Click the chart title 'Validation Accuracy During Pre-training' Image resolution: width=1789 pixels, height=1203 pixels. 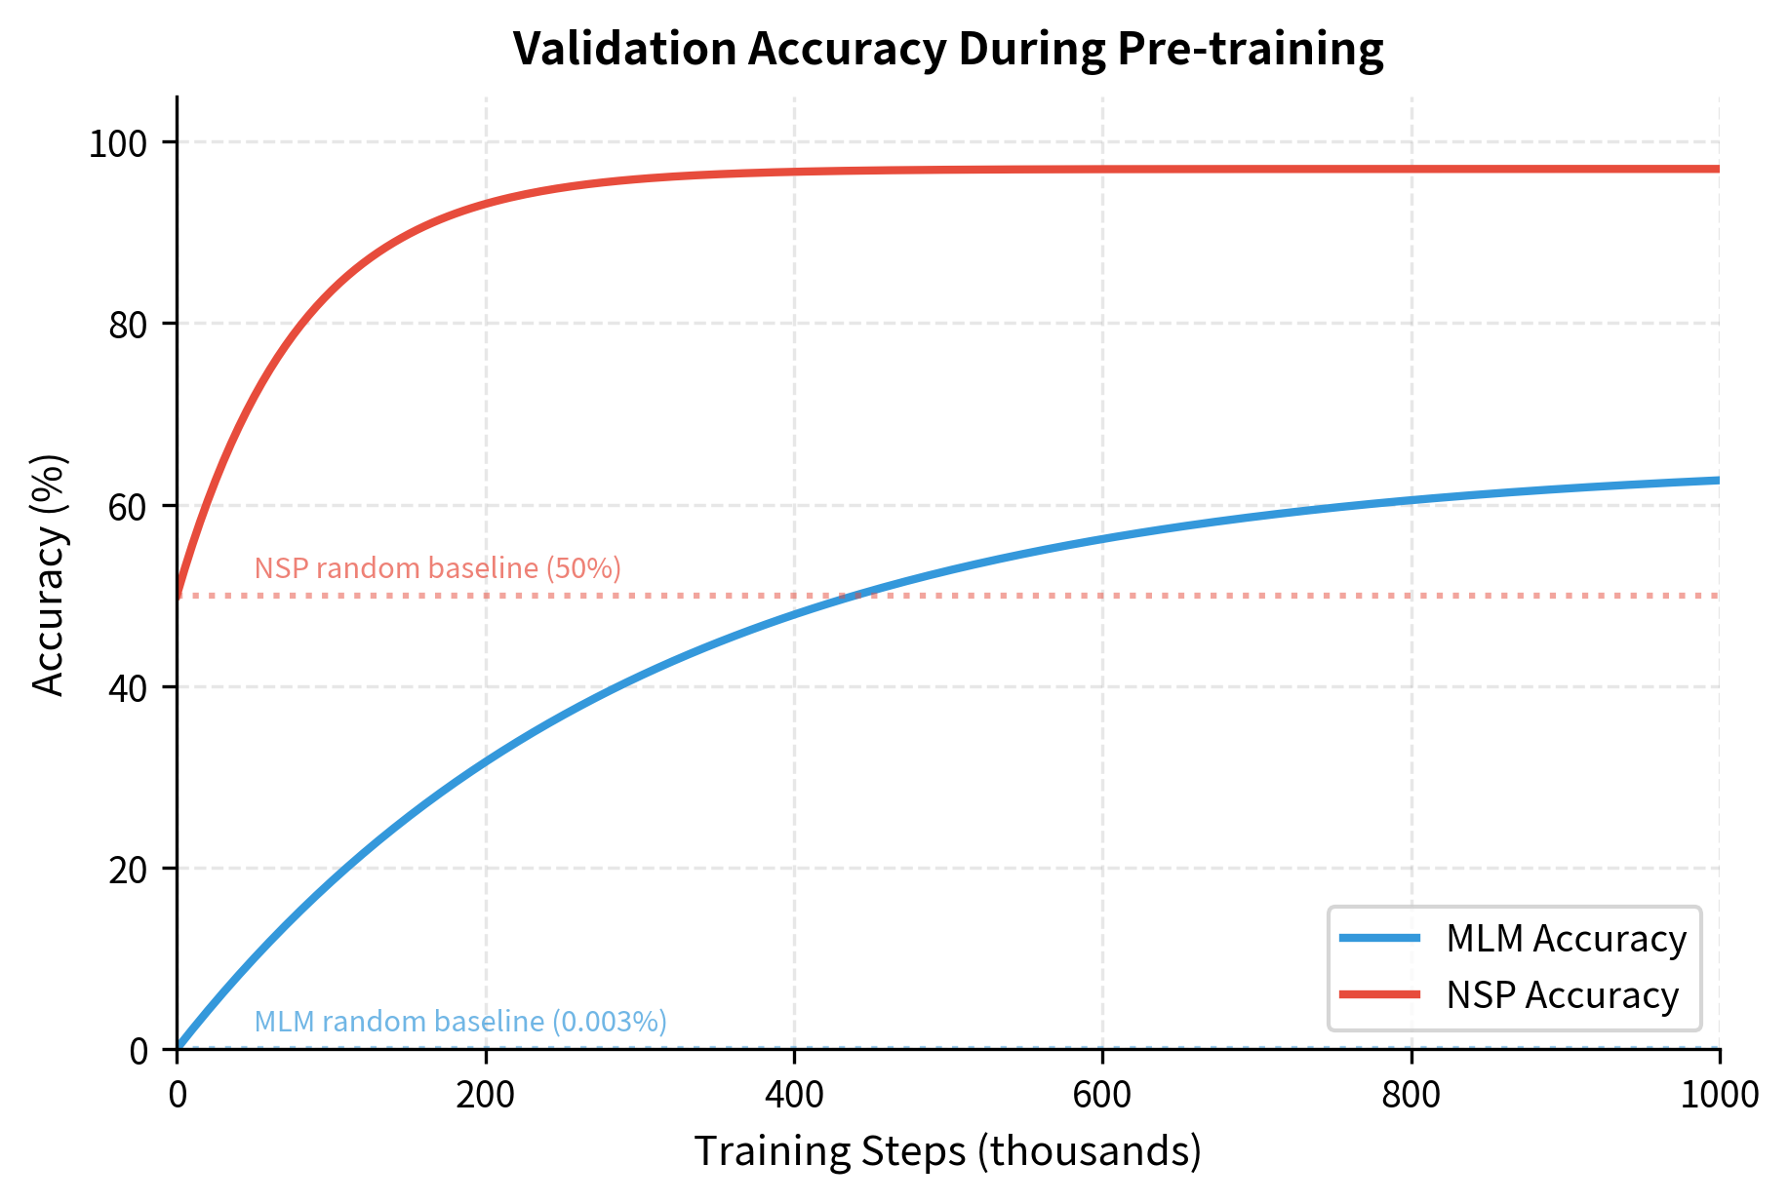pos(947,49)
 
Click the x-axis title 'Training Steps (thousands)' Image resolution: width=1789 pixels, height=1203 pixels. pos(947,1151)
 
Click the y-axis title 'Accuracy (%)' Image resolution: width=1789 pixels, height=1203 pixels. pos(48,574)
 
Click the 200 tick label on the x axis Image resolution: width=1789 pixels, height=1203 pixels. pos(486,1095)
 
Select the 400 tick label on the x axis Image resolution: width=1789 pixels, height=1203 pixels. pos(794,1095)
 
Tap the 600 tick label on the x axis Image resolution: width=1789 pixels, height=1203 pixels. pos(1102,1095)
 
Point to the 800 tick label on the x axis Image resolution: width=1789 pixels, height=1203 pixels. pos(1411,1095)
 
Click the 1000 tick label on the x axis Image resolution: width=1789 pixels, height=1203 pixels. pos(1719,1095)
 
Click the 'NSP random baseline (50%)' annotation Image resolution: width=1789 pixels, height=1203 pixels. pos(437,568)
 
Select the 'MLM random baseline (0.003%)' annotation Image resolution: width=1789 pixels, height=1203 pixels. pos(460,1022)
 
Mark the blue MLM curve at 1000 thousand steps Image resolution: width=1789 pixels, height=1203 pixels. pos(1717,481)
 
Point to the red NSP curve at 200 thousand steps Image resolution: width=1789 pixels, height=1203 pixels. pos(486,204)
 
